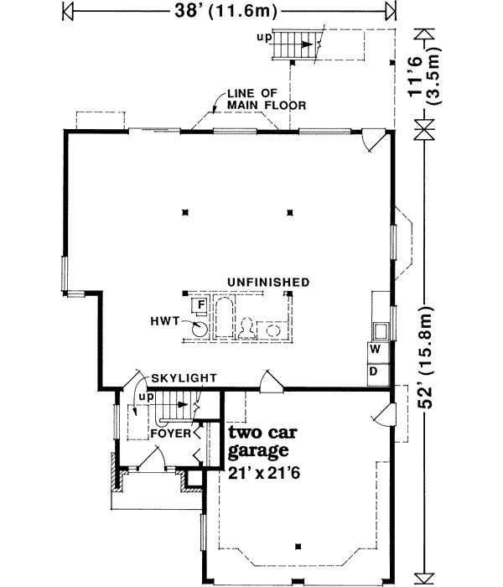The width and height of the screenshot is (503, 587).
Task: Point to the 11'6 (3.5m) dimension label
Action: tap(426, 66)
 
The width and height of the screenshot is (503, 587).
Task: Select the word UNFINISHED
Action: tap(262, 282)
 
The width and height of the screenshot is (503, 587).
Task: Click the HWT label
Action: tap(167, 319)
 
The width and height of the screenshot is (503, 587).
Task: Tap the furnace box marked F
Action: tap(201, 304)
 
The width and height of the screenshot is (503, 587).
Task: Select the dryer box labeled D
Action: tap(376, 370)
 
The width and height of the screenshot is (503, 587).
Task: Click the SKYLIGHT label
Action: tap(179, 378)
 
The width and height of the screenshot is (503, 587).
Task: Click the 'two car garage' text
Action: tap(266, 442)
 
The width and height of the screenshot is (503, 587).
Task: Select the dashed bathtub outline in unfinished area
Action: tap(224, 318)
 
